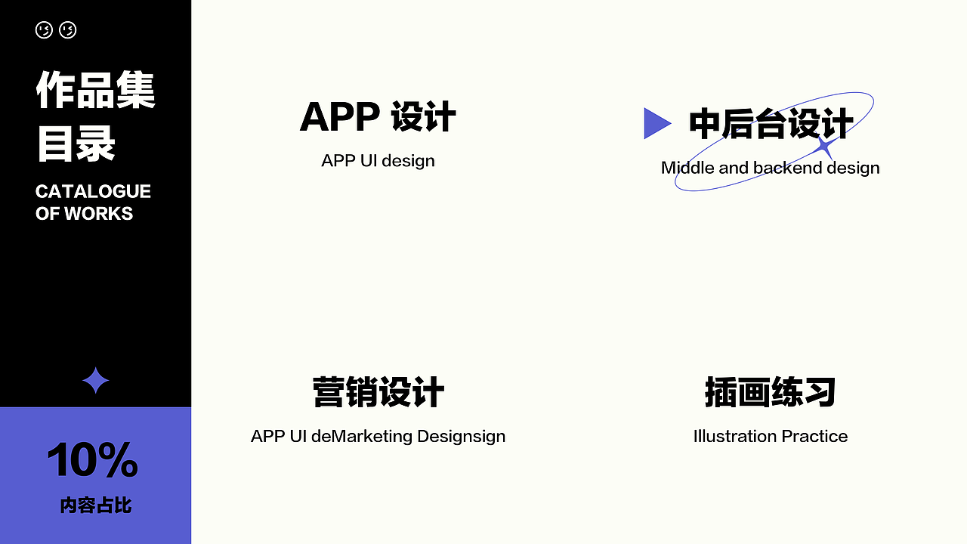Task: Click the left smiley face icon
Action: [x=44, y=30]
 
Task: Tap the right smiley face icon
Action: [x=68, y=30]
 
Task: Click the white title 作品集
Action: [x=95, y=91]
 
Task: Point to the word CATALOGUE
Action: [x=93, y=191]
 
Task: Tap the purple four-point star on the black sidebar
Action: [x=95, y=382]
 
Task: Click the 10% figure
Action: [x=93, y=459]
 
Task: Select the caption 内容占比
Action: [x=95, y=505]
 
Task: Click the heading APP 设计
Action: [x=378, y=118]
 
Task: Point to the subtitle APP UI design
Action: [x=378, y=161]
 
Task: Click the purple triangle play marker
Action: [x=656, y=123]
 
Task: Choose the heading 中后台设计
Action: [x=771, y=125]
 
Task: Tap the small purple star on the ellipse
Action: [x=825, y=146]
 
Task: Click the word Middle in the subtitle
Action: [x=687, y=168]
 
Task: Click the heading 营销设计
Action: [x=378, y=393]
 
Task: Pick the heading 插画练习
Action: [x=770, y=393]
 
